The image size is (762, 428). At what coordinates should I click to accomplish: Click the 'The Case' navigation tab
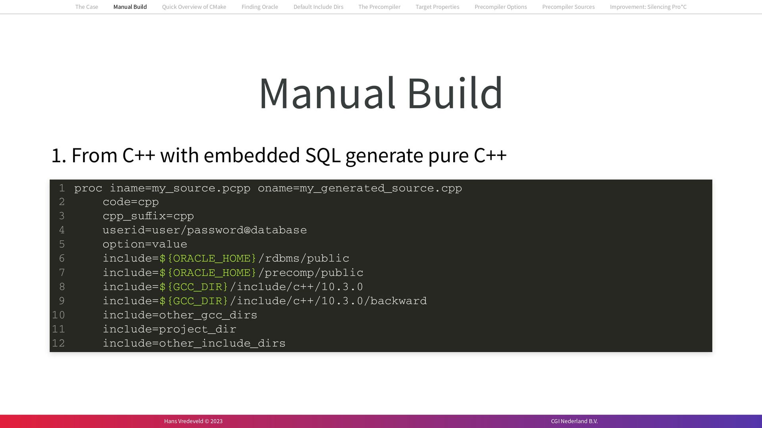click(x=87, y=7)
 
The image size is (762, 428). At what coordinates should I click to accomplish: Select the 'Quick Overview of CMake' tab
click(x=194, y=7)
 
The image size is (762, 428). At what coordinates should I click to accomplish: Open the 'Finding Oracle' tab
click(x=260, y=7)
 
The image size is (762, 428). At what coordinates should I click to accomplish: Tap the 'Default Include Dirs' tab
click(x=318, y=7)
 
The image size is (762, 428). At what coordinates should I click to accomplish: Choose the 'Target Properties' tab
click(x=437, y=7)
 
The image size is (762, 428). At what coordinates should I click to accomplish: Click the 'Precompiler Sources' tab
click(x=568, y=7)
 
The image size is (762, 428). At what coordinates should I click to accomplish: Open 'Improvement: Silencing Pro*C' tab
click(x=648, y=7)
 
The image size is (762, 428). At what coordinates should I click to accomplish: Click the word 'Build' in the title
click(x=455, y=93)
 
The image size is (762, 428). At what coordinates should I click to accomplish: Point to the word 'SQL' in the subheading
click(x=323, y=155)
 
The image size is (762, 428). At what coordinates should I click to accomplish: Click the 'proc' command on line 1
click(x=88, y=188)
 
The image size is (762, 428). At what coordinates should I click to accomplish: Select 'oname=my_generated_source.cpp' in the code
click(x=360, y=188)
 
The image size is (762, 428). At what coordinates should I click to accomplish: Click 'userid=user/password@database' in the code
click(x=204, y=230)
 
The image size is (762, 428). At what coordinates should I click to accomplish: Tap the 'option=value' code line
click(x=145, y=244)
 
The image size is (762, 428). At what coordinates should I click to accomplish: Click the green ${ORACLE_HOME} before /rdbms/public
click(x=208, y=259)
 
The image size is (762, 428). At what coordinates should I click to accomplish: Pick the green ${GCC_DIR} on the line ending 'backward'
click(x=194, y=301)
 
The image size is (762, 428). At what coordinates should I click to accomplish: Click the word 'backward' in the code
click(x=398, y=301)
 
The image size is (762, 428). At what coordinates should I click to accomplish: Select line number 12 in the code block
click(x=58, y=344)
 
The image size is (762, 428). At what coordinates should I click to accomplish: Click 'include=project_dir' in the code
click(x=169, y=329)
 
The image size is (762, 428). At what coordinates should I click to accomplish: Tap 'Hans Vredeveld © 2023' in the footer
click(x=193, y=421)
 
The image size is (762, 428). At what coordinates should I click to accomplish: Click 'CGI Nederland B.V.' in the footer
click(x=574, y=421)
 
